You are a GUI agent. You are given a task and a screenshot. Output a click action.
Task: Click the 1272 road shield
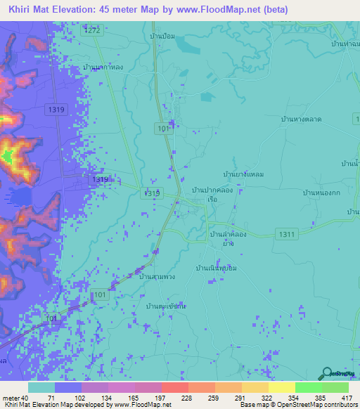pyautogui.click(x=91, y=31)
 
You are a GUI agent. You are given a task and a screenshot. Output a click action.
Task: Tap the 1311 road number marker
pyautogui.click(x=287, y=233)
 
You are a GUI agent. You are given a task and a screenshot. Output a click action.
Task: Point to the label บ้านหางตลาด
pyautogui.click(x=300, y=119)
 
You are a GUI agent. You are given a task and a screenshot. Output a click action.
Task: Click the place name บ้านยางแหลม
pyautogui.click(x=243, y=174)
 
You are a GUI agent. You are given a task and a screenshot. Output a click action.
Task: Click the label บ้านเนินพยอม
pyautogui.click(x=218, y=268)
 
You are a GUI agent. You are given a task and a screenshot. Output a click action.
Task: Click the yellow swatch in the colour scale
pyautogui.click(x=281, y=387)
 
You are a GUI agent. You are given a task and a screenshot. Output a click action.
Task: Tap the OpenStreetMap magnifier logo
pyautogui.click(x=326, y=373)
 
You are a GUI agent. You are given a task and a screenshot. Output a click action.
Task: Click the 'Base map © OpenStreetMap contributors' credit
pyautogui.click(x=296, y=405)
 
